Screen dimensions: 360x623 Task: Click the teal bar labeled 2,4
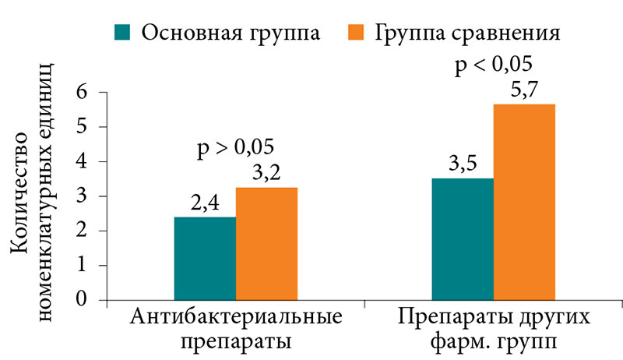(x=205, y=258)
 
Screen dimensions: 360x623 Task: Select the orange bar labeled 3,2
(x=266, y=243)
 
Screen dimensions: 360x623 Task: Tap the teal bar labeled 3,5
(x=463, y=239)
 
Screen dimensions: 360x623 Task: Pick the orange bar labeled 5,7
(x=524, y=202)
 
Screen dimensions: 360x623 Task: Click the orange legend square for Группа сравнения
(x=357, y=32)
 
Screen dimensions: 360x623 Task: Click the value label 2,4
(x=206, y=205)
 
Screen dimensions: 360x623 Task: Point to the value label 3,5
(x=463, y=166)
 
